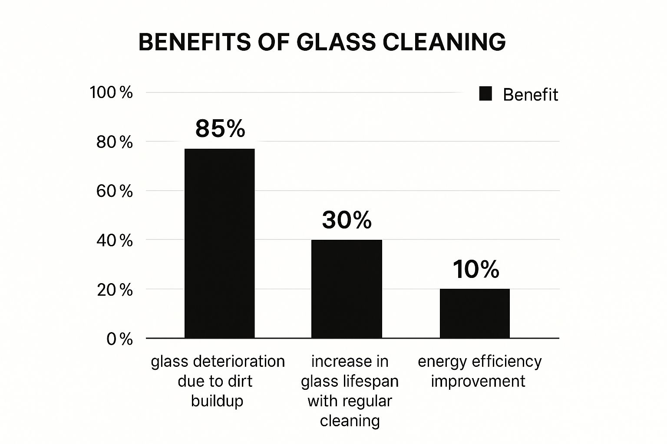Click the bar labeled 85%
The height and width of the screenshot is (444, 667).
[x=219, y=243]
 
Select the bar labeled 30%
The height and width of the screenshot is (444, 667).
[x=347, y=289]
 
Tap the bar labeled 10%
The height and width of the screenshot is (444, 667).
[x=475, y=313]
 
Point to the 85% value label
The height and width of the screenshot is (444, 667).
[x=220, y=129]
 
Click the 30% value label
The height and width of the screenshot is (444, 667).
[x=347, y=220]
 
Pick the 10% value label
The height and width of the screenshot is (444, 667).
[x=476, y=269]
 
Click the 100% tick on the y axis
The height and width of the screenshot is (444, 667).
[x=111, y=92]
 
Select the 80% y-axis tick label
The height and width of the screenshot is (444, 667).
[x=114, y=142]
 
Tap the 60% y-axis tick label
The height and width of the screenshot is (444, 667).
[x=114, y=191]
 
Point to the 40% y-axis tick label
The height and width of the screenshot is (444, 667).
[x=114, y=241]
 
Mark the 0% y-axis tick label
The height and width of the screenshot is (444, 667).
[x=119, y=339]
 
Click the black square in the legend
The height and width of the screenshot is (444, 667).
[x=485, y=94]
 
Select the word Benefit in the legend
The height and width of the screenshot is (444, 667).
[x=530, y=95]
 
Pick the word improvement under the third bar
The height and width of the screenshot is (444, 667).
[x=478, y=381]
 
